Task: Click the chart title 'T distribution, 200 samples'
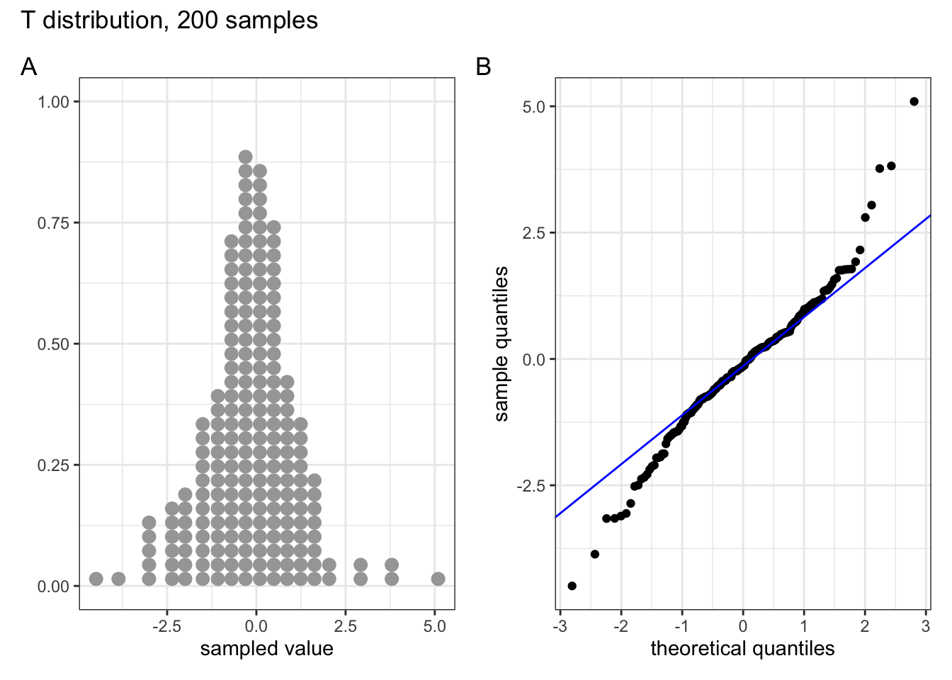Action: coord(169,21)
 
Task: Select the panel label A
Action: coord(28,67)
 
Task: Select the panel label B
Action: coord(484,67)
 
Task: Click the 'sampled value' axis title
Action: coord(266,649)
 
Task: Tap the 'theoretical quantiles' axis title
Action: coord(742,649)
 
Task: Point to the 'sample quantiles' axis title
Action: coord(501,344)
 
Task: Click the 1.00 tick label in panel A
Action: coord(54,102)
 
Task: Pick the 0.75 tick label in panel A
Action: coord(54,223)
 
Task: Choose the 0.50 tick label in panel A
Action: coord(54,344)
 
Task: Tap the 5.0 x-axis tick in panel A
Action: coord(434,626)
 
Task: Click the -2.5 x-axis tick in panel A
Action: coord(167,626)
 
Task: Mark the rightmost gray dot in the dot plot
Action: coord(438,579)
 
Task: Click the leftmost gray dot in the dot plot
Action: coord(96,579)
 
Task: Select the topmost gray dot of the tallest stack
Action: coord(245,157)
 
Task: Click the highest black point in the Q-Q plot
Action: coord(914,101)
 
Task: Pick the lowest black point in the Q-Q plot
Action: coord(572,586)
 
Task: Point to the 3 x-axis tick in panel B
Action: coord(926,626)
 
